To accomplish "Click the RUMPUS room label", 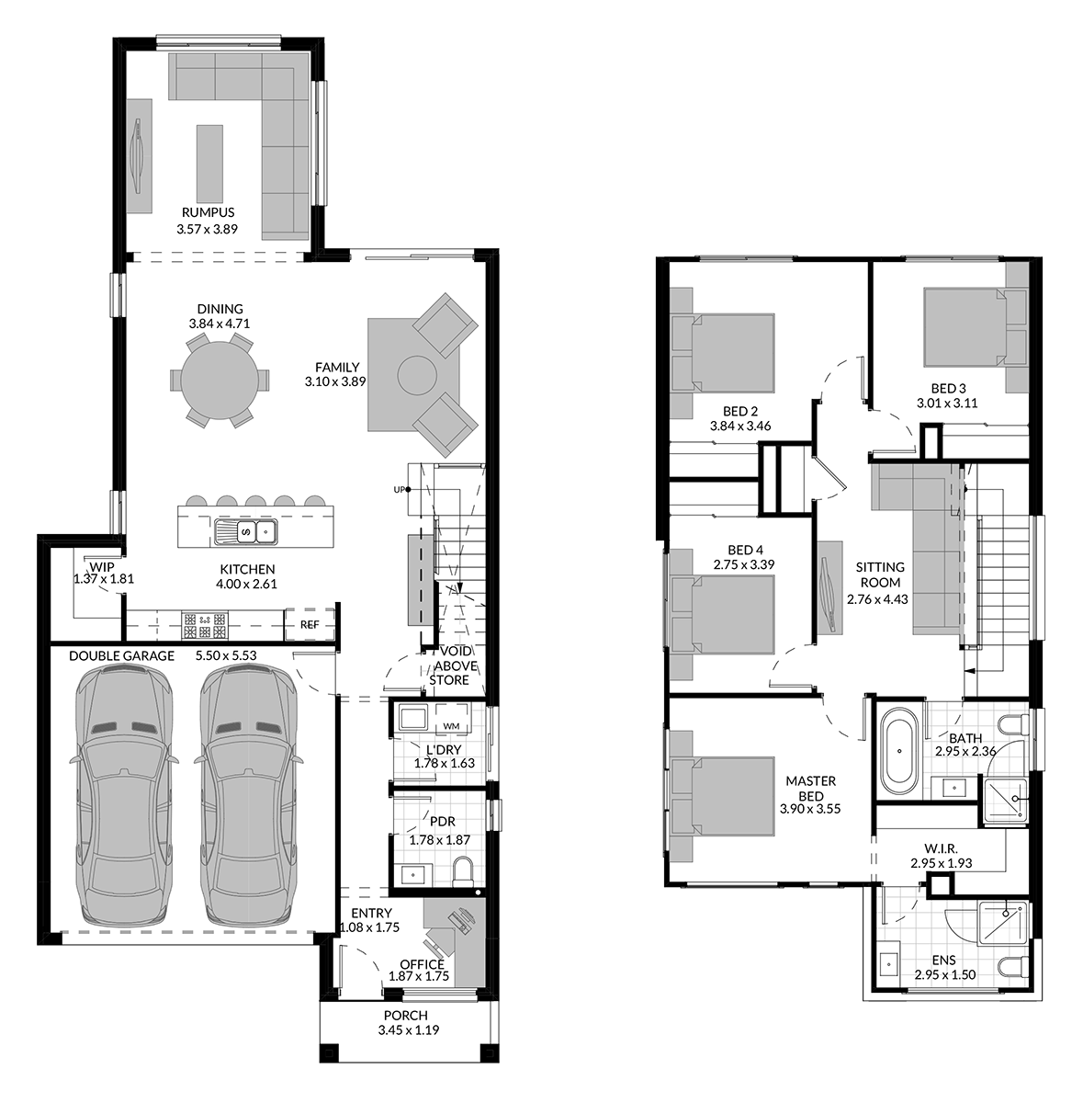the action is click(x=208, y=212).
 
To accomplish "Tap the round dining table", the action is click(x=220, y=380).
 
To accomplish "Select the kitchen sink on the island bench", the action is click(x=246, y=532).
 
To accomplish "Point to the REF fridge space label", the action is click(x=310, y=624).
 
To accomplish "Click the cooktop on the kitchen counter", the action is click(x=205, y=625).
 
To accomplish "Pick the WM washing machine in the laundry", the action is click(x=451, y=720).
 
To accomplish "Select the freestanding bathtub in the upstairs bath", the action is click(x=898, y=751).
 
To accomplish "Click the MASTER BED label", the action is click(x=811, y=788).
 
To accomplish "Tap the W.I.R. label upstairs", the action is click(x=941, y=849).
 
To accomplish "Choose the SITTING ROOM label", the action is click(x=880, y=574).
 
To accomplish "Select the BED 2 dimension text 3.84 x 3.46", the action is click(x=740, y=426).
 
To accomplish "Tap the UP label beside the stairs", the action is click(x=399, y=489).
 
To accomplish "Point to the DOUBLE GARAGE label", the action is click(x=121, y=656).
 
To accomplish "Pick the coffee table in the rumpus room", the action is click(x=209, y=163).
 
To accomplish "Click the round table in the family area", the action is click(x=417, y=376).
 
